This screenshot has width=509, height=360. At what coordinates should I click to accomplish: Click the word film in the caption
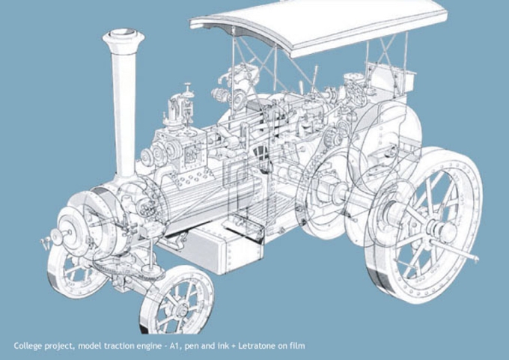[x=299, y=346]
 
